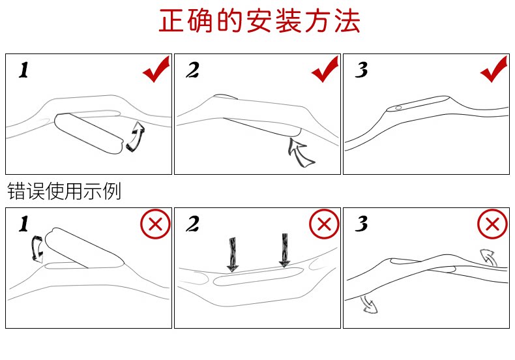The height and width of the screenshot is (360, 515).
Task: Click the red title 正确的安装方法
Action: pyautogui.click(x=259, y=22)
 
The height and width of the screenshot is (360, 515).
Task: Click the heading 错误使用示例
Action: pyautogui.click(x=64, y=192)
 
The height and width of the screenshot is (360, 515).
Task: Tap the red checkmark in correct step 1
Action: pyautogui.click(x=156, y=70)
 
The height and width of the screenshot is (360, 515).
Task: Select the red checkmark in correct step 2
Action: pyautogui.click(x=325, y=70)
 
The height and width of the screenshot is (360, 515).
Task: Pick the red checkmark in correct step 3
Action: pyautogui.click(x=493, y=70)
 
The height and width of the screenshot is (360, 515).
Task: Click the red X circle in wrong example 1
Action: pyautogui.click(x=156, y=225)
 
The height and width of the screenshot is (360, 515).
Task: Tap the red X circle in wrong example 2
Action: pyautogui.click(x=324, y=225)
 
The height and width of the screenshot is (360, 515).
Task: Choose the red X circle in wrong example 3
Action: pyautogui.click(x=492, y=225)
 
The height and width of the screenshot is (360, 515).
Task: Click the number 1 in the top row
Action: pyautogui.click(x=23, y=70)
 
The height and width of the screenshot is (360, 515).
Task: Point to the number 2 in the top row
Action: pyautogui.click(x=192, y=70)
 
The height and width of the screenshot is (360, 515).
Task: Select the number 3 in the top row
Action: pyautogui.click(x=361, y=70)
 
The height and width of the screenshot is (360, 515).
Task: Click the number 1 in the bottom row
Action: pyautogui.click(x=23, y=225)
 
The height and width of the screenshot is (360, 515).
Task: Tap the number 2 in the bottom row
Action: pyautogui.click(x=192, y=225)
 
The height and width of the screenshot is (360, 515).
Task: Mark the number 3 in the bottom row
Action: pyautogui.click(x=361, y=225)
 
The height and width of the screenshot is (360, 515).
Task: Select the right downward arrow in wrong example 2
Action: pyautogui.click(x=285, y=250)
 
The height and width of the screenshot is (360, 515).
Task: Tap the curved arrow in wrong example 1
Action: pyautogui.click(x=38, y=249)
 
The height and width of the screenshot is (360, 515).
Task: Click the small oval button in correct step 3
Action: pyautogui.click(x=398, y=108)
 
